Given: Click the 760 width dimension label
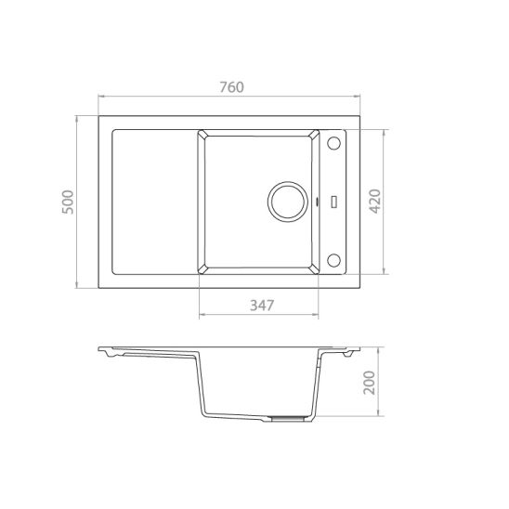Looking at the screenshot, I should pyautogui.click(x=231, y=87).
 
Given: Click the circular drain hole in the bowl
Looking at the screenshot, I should pyautogui.click(x=287, y=202).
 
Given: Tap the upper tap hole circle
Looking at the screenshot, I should pyautogui.click(x=333, y=144).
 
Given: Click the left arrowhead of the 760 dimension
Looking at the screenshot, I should pyautogui.click(x=100, y=97).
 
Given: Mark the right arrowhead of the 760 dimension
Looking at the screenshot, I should pyautogui.click(x=361, y=97).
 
